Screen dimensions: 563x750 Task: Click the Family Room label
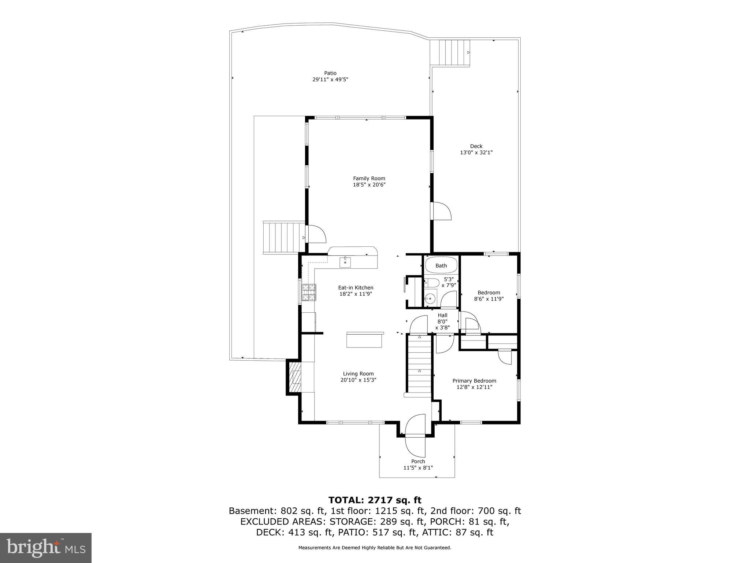click(369, 179)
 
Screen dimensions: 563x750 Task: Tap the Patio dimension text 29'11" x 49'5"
click(330, 79)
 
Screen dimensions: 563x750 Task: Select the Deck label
click(476, 146)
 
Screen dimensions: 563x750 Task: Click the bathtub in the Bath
click(441, 265)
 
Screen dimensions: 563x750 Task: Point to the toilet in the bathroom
click(432, 283)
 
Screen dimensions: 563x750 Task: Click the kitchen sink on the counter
click(345, 262)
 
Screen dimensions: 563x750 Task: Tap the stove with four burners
click(309, 292)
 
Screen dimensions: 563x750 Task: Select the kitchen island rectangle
click(365, 340)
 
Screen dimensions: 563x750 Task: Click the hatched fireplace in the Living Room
click(294, 378)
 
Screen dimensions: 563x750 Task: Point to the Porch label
click(418, 461)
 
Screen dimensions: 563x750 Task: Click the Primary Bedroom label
click(474, 381)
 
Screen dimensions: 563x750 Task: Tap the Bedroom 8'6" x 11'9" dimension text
click(489, 299)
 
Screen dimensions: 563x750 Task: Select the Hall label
click(442, 315)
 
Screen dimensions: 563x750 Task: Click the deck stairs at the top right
click(450, 52)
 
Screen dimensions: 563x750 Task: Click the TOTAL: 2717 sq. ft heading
click(375, 500)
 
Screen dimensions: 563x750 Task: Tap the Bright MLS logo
click(46, 548)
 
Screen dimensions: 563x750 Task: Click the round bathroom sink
click(431, 299)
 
